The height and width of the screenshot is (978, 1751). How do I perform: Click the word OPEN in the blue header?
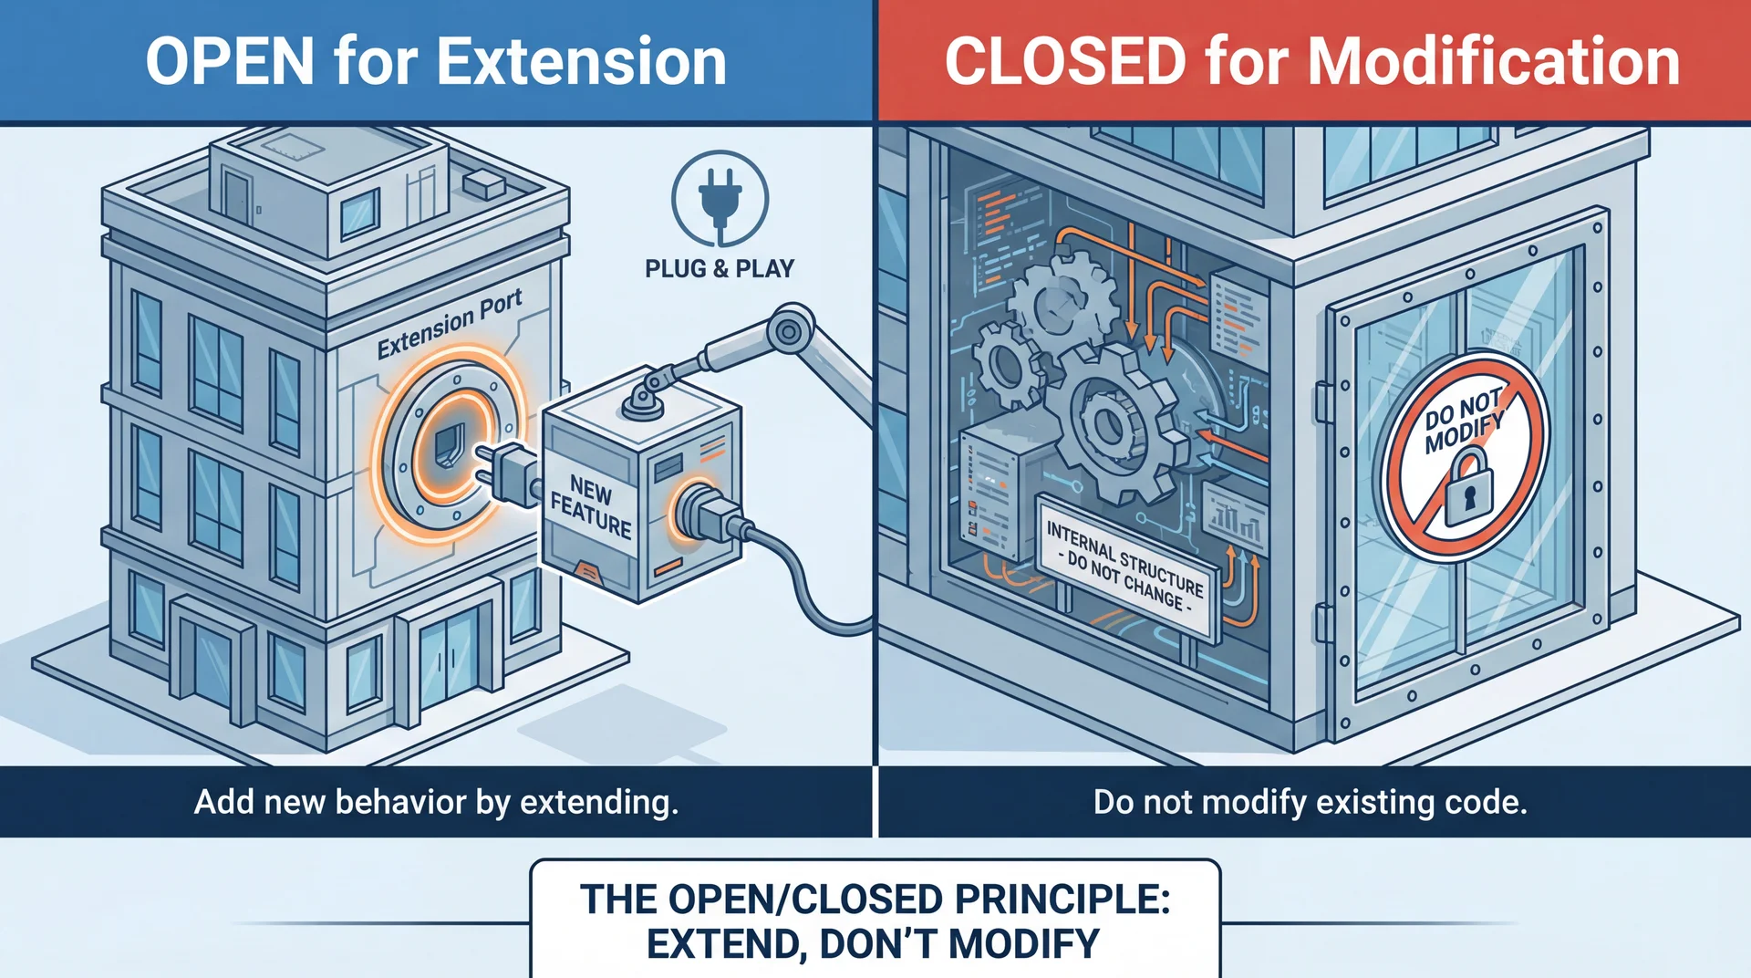[230, 62]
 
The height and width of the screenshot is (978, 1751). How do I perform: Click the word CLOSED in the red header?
[1065, 62]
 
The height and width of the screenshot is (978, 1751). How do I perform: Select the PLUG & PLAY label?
[720, 269]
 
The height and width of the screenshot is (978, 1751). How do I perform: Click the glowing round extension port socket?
[449, 445]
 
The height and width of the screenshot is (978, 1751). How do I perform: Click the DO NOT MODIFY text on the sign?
[1463, 421]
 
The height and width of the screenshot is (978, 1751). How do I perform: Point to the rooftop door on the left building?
[237, 197]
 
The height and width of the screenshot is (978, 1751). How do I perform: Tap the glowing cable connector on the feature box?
[699, 512]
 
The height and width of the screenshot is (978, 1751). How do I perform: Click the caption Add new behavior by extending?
[436, 802]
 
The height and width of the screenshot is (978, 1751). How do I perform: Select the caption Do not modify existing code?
[1310, 802]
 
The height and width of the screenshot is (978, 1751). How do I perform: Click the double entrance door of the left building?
[447, 654]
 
